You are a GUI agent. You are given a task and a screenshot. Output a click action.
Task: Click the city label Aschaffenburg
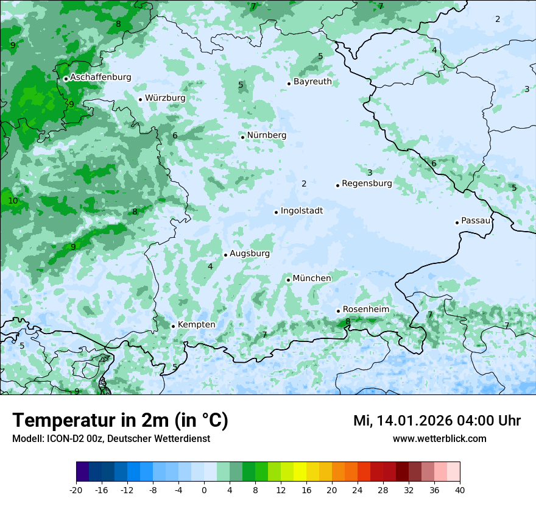(100, 77)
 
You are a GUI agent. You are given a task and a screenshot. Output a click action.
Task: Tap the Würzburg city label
(165, 98)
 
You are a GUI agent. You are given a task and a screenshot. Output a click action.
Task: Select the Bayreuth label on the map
(312, 82)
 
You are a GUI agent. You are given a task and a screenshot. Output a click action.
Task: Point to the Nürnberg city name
(266, 135)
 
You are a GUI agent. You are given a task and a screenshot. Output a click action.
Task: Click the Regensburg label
(367, 184)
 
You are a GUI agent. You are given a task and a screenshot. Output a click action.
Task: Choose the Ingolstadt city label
(301, 211)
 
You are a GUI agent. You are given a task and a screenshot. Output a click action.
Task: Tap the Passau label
(476, 221)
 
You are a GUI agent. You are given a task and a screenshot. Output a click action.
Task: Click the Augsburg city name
(249, 254)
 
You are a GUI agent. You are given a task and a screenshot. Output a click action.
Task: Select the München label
(312, 279)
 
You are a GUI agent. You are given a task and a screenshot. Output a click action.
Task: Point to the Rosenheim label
(365, 310)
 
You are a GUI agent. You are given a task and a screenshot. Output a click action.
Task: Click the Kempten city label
(196, 325)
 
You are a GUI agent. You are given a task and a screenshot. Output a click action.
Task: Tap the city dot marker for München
(288, 280)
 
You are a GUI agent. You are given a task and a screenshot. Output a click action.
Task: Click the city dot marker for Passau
(457, 223)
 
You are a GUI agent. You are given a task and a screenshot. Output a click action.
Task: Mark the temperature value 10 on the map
(13, 201)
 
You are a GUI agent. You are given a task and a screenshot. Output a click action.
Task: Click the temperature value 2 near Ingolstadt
(304, 184)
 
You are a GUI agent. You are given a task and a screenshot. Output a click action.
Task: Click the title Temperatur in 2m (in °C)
(120, 421)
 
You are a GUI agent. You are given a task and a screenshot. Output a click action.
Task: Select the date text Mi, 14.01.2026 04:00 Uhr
(437, 421)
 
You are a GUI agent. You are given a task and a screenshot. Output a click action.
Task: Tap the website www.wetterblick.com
(439, 439)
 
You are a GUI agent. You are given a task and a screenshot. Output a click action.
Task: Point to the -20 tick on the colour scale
(76, 490)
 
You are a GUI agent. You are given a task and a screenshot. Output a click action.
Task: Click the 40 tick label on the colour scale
(460, 490)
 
